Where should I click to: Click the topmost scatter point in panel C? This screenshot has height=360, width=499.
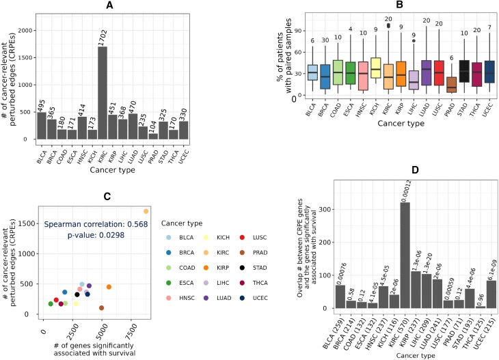146,211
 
